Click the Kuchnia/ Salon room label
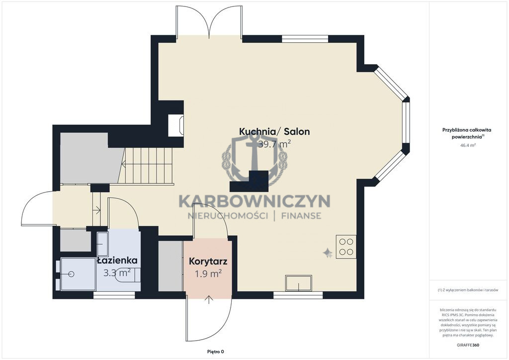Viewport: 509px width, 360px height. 274,131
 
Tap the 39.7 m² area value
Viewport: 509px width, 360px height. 274,144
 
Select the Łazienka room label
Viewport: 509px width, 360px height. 117,261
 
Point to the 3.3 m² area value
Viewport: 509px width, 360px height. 117,272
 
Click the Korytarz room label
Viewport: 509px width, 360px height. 208,262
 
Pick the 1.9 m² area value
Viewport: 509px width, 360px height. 208,273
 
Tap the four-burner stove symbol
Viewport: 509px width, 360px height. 346,247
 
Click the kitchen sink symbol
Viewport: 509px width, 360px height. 299,283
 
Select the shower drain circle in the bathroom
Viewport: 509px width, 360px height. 72,274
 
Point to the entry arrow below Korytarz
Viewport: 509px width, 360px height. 208,300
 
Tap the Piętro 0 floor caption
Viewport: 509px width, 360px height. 216,352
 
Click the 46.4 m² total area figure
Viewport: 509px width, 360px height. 468,145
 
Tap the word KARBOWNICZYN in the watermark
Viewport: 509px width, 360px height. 254,201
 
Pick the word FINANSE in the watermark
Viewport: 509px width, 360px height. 302,216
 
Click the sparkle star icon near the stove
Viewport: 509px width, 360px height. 327,253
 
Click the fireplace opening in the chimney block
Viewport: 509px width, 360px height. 175,126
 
